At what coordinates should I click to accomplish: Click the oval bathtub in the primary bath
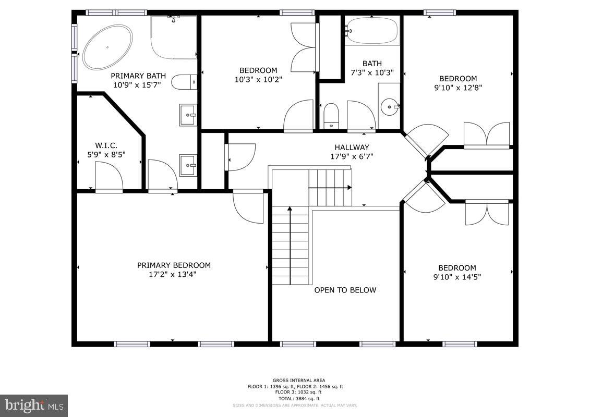(107, 47)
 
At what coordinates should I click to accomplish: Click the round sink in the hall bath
(389, 107)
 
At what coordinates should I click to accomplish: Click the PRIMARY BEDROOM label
(174, 265)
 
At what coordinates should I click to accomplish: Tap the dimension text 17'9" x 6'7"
(352, 156)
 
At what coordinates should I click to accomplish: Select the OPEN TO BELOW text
(345, 290)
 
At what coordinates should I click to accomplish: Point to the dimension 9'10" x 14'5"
(457, 277)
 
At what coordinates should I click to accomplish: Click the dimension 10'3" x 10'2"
(258, 80)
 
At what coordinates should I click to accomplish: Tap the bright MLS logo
(34, 405)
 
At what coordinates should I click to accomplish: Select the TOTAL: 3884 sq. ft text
(295, 398)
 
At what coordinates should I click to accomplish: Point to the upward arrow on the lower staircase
(290, 219)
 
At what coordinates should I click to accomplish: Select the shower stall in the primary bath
(174, 36)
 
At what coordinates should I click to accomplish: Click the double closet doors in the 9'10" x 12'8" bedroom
(487, 134)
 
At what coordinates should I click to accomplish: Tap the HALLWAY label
(352, 148)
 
